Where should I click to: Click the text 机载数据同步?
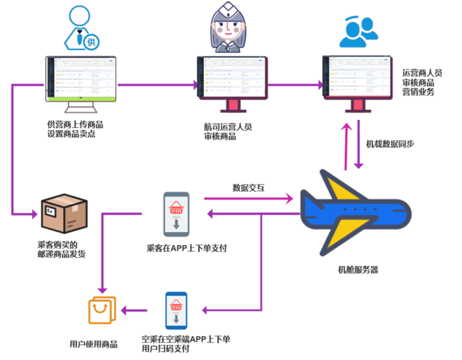point(390,144)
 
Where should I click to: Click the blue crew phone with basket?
point(176,311)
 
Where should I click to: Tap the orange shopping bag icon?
point(103,311)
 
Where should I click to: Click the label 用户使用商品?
point(93,345)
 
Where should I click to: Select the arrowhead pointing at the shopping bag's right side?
point(125,311)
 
